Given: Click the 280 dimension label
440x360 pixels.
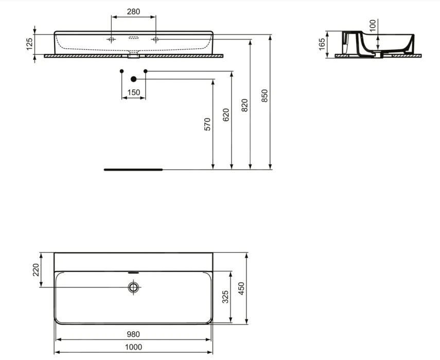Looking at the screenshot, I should click(x=133, y=11).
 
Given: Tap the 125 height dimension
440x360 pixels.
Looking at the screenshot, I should click(x=29, y=44).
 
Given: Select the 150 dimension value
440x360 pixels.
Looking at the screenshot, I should click(x=133, y=93).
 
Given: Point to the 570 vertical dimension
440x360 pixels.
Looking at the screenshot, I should click(x=207, y=124).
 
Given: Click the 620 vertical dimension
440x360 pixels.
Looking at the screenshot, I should click(x=226, y=115).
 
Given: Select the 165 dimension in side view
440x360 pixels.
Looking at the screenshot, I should click(x=322, y=43).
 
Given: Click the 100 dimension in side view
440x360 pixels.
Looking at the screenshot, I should click(x=373, y=25).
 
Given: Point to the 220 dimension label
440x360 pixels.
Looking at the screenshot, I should click(x=36, y=269).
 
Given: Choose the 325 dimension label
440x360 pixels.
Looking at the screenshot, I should click(x=224, y=297).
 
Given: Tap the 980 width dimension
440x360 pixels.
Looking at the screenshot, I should click(x=133, y=334).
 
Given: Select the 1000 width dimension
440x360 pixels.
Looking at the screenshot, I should click(x=133, y=347).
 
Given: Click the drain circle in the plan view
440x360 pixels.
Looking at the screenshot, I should click(x=134, y=287).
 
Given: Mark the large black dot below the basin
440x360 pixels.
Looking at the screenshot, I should click(x=134, y=79).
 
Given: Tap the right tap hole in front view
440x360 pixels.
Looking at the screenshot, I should click(x=155, y=39).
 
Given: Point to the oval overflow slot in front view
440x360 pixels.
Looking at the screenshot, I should click(x=133, y=38).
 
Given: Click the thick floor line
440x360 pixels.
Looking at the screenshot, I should click(x=133, y=169).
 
